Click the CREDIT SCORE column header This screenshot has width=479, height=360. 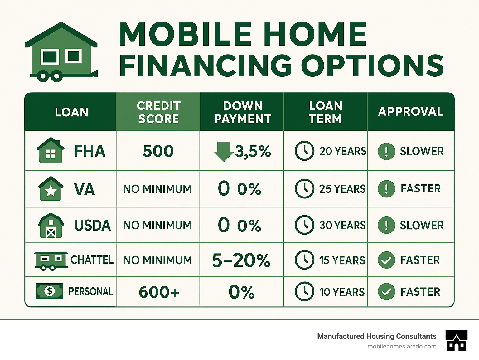[x=158, y=112]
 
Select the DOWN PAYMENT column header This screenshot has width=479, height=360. [x=242, y=112]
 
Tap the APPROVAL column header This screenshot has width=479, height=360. [x=411, y=112]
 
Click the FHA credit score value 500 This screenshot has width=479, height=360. [x=158, y=151]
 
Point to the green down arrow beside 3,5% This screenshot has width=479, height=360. [x=224, y=151]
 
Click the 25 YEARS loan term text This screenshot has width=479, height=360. [x=342, y=189]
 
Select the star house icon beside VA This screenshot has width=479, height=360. [x=51, y=189]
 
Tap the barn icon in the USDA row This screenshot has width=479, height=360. [x=51, y=225]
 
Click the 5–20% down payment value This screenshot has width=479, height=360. [x=241, y=260]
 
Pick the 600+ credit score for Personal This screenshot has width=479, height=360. [x=159, y=292]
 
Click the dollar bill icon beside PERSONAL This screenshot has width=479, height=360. [x=49, y=291]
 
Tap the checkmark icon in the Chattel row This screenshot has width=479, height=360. [x=386, y=260]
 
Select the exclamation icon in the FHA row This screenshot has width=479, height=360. [x=386, y=151]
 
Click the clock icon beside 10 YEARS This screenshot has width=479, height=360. [x=304, y=291]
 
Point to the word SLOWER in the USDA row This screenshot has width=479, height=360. [x=422, y=225]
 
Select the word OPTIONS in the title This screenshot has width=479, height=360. [x=372, y=66]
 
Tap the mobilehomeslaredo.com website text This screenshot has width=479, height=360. [x=402, y=346]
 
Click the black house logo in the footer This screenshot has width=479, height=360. [x=456, y=340]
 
